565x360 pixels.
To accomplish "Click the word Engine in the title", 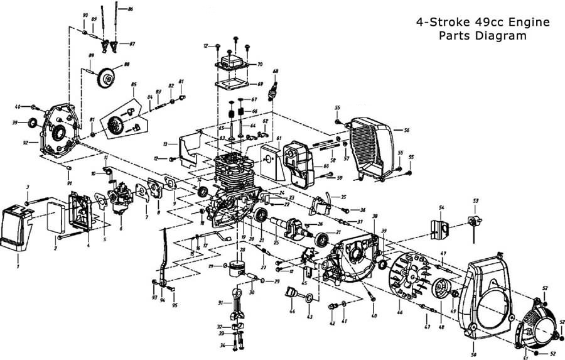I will [x=526, y=22].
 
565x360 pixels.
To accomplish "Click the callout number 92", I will [x=26, y=143].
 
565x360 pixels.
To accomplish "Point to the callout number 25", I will [x=276, y=243].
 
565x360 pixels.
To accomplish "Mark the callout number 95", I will [x=175, y=306].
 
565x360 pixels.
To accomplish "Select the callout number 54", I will [x=441, y=208].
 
